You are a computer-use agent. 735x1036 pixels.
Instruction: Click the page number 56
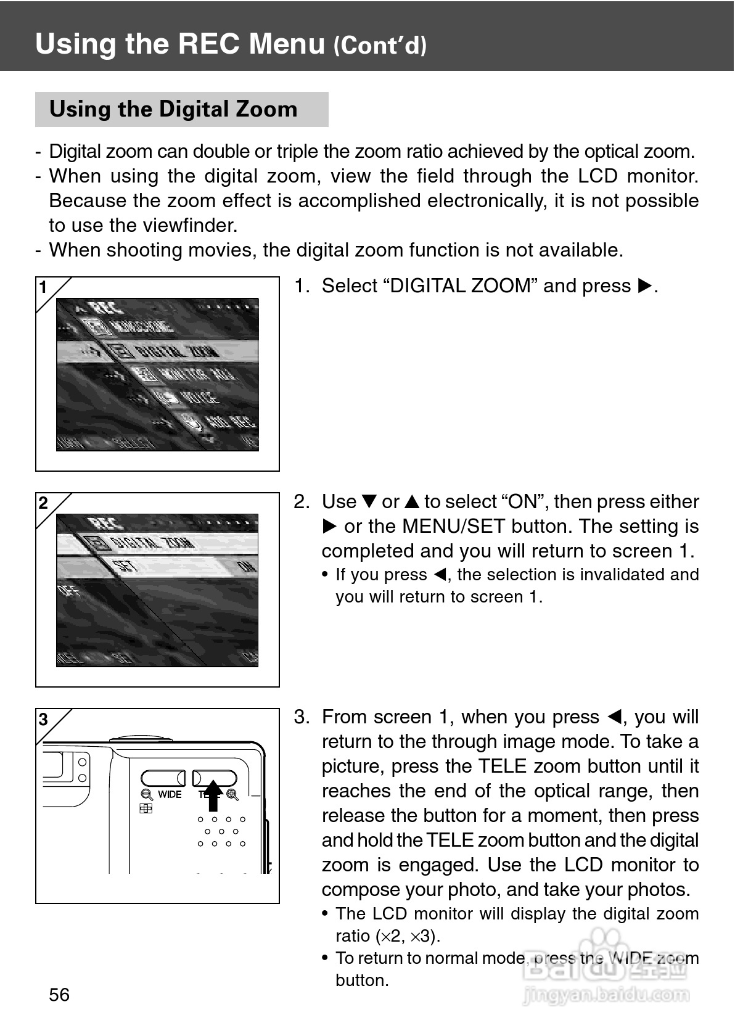[x=59, y=994]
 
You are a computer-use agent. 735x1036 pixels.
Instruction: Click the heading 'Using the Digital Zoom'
[x=173, y=109]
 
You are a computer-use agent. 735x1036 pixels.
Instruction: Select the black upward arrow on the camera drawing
[x=213, y=795]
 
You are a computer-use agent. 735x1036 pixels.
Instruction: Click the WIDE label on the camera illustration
[x=170, y=794]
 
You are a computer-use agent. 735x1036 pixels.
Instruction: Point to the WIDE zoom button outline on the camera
[x=163, y=778]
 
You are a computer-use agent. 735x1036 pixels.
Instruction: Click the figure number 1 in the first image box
[x=43, y=287]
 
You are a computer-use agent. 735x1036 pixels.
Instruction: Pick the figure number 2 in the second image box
[x=43, y=503]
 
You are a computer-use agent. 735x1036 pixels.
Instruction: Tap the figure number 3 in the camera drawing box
[x=43, y=719]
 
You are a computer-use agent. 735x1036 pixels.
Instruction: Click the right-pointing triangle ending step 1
[x=644, y=286]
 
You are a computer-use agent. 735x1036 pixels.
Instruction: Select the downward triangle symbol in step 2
[x=368, y=502]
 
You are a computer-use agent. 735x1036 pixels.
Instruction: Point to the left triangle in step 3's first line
[x=614, y=717]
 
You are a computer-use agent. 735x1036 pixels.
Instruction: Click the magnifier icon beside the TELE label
[x=232, y=794]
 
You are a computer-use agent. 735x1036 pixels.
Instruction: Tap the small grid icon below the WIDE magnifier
[x=146, y=808]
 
